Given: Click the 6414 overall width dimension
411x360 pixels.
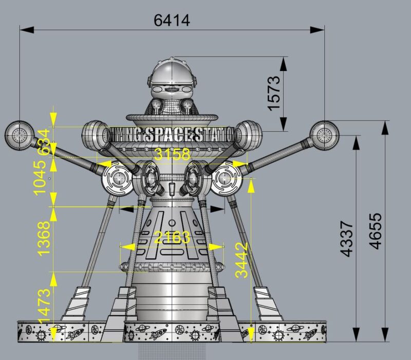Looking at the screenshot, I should (172, 20).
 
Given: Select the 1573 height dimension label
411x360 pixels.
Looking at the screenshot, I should (273, 93).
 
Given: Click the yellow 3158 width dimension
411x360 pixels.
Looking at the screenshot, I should (172, 154).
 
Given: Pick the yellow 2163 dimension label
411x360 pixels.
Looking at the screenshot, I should (172, 237).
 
